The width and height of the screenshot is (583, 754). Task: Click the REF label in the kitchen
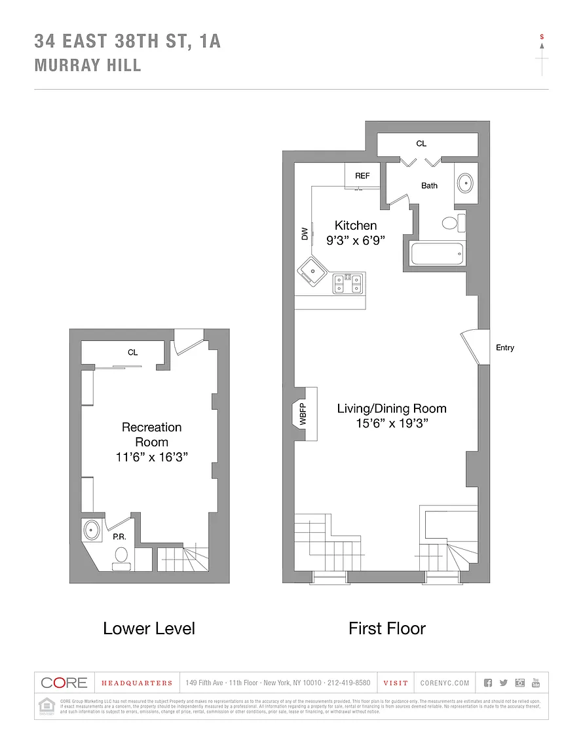pyautogui.click(x=362, y=175)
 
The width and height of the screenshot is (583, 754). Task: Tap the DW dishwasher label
pyautogui.click(x=304, y=234)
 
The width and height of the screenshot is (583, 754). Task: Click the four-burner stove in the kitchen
pyautogui.click(x=348, y=283)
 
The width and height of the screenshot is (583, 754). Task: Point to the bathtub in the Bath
pyautogui.click(x=437, y=254)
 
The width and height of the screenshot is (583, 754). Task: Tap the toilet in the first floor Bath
pyautogui.click(x=451, y=223)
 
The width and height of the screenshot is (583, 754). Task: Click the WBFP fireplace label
pyautogui.click(x=303, y=416)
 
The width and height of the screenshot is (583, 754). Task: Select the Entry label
pyautogui.click(x=505, y=348)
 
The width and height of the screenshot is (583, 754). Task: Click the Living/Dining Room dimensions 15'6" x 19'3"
pyautogui.click(x=392, y=423)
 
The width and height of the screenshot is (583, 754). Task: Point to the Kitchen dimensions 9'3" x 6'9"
pyautogui.click(x=355, y=240)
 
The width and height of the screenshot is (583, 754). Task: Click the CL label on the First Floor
pyautogui.click(x=421, y=143)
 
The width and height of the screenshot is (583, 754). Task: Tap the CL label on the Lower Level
pyautogui.click(x=133, y=352)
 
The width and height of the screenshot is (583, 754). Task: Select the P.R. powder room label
pyautogui.click(x=119, y=537)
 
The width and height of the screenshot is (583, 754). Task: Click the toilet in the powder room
pyautogui.click(x=121, y=556)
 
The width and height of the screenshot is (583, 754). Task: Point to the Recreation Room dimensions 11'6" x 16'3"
pyautogui.click(x=152, y=458)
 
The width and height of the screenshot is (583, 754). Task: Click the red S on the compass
pyautogui.click(x=542, y=37)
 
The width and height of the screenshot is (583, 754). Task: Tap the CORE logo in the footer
pyautogui.click(x=64, y=683)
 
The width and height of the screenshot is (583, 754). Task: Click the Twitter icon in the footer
pyautogui.click(x=503, y=683)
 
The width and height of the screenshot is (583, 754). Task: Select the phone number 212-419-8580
pyautogui.click(x=348, y=683)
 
